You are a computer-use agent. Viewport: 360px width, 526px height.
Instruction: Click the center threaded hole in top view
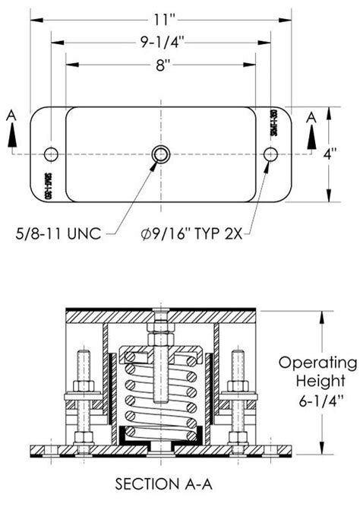(x=161, y=154)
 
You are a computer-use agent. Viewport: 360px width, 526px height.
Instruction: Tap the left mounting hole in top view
(x=52, y=154)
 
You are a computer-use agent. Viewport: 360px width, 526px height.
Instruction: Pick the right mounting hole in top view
(x=270, y=154)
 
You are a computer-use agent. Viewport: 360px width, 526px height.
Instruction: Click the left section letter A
(x=11, y=116)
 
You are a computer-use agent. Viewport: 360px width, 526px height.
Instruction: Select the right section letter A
(x=311, y=116)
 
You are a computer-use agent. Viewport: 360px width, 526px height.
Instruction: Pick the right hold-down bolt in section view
(x=237, y=395)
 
